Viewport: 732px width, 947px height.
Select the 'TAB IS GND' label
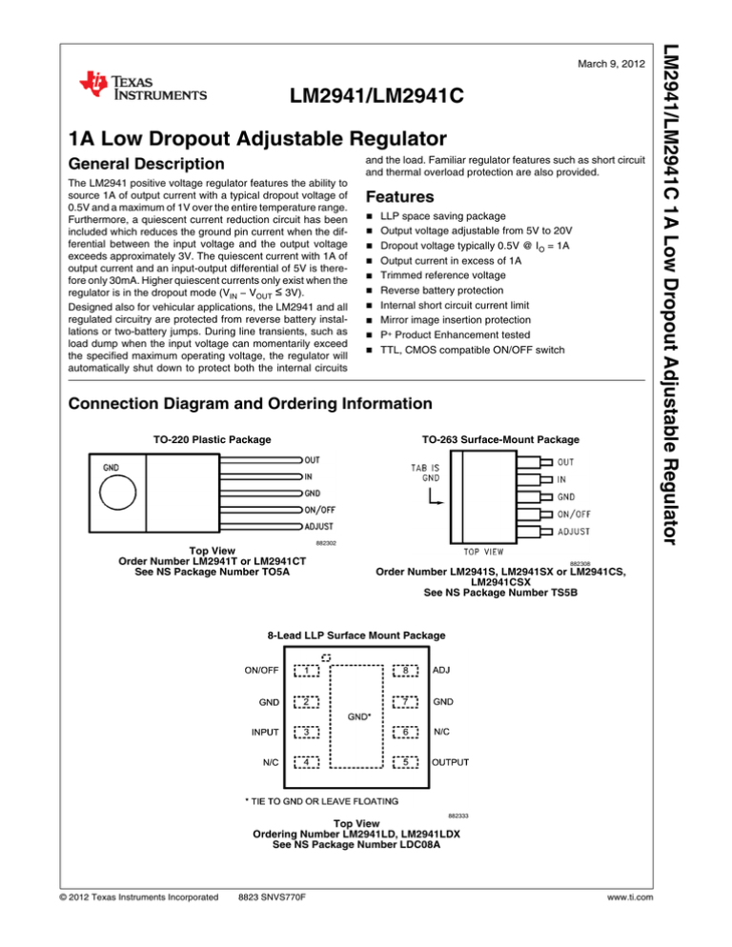pyautogui.click(x=426, y=473)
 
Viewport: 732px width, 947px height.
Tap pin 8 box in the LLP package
pyautogui.click(x=404, y=670)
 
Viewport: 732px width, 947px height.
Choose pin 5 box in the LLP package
pyautogui.click(x=404, y=762)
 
